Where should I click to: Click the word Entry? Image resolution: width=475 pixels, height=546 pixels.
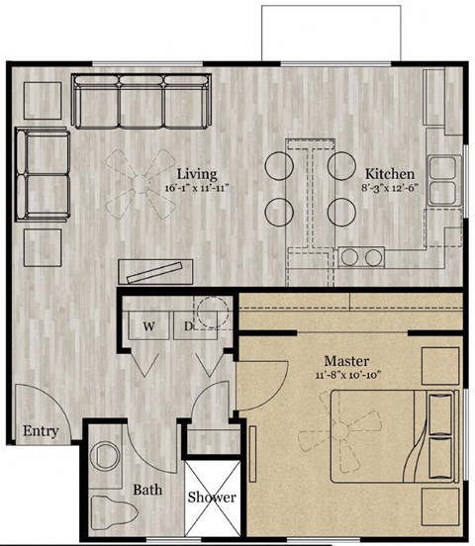click(x=40, y=431)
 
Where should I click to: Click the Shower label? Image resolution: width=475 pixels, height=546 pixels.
click(x=212, y=497)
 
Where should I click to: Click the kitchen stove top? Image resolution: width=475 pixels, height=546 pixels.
click(x=361, y=258)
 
